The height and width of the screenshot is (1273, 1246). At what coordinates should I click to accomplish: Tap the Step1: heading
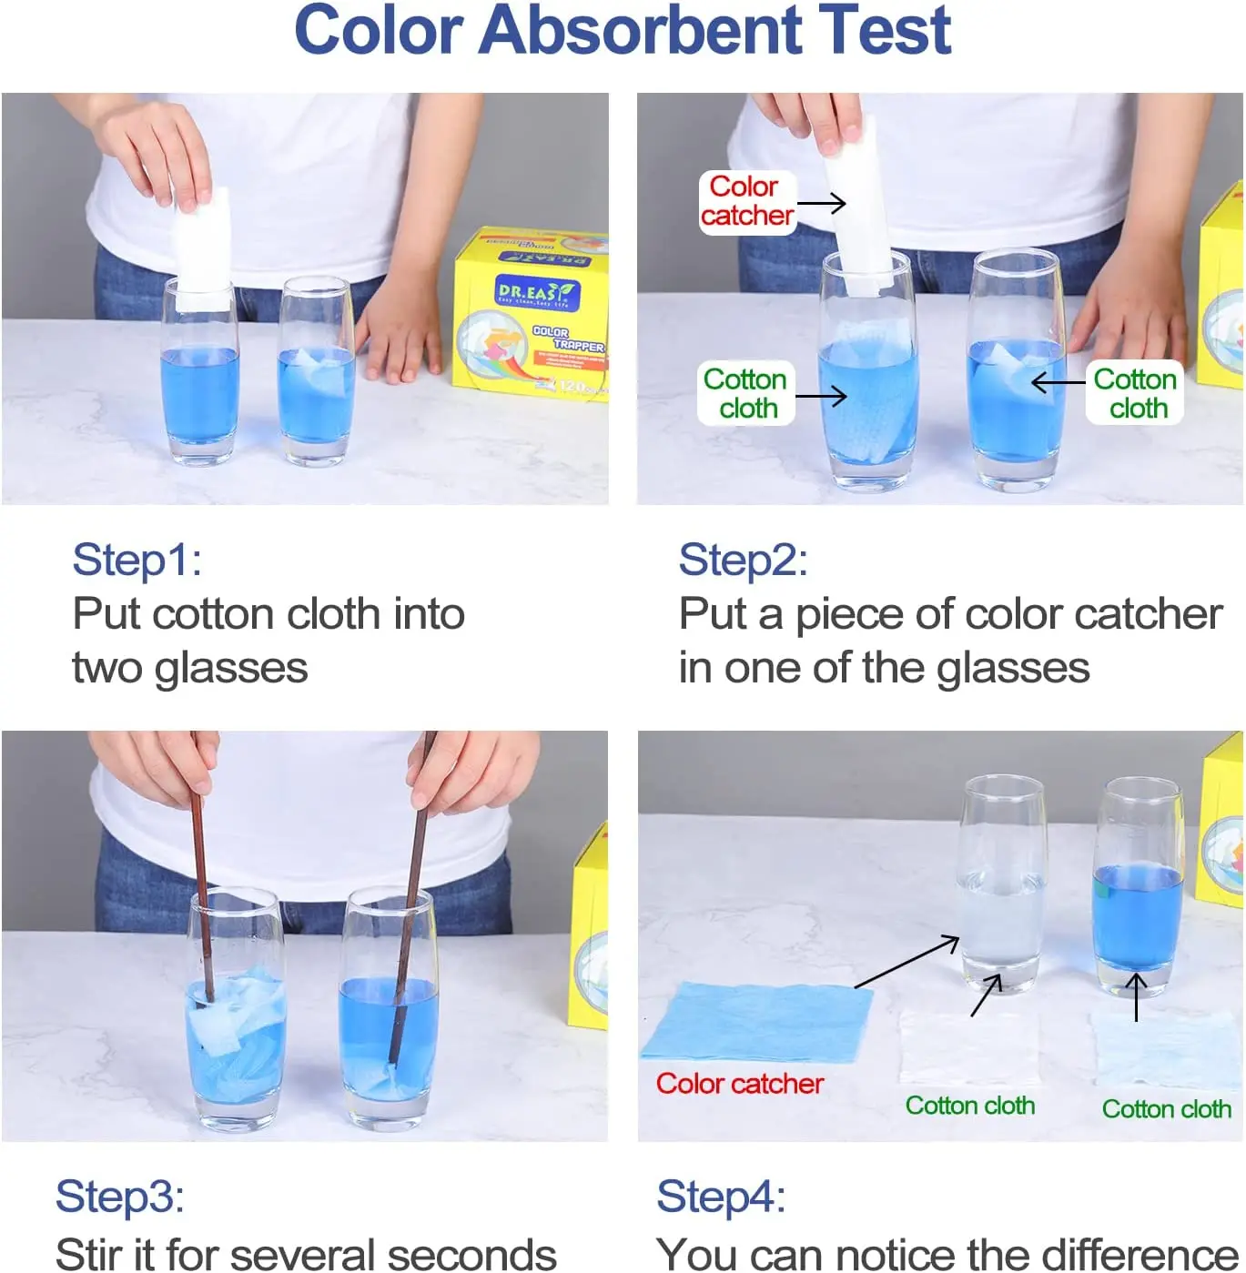137,560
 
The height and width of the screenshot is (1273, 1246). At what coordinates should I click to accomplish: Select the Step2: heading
743,560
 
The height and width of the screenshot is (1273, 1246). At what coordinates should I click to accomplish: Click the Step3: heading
119,1197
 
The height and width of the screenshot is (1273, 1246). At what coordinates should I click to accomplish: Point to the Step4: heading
721,1197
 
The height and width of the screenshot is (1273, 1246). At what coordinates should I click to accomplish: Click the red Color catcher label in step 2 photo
746,201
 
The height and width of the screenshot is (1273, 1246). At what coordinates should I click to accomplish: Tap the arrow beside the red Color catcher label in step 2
822,204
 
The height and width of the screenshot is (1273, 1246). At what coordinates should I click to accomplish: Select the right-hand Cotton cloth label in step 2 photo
1135,393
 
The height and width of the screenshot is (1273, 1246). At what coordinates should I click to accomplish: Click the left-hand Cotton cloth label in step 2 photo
745,393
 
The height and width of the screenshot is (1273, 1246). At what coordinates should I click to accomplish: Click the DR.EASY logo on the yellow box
535,293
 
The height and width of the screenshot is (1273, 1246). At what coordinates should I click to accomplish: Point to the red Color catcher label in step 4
739,1084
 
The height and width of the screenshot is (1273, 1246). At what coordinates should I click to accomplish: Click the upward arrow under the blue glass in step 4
1136,997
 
